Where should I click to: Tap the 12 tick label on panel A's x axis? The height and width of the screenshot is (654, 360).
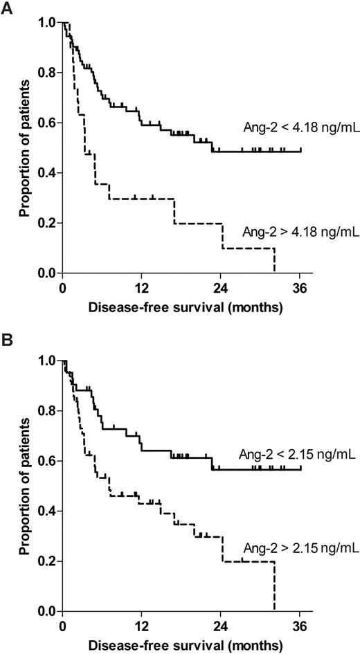pos(141,287)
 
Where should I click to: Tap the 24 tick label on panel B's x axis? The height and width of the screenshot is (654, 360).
pos(221,626)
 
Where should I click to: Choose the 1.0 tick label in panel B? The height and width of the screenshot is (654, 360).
pos(46,361)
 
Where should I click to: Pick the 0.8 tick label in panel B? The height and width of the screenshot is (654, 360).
pos(46,411)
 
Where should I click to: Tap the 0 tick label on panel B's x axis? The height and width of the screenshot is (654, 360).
pos(62,626)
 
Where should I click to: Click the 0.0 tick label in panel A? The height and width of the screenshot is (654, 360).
pos(46,273)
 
